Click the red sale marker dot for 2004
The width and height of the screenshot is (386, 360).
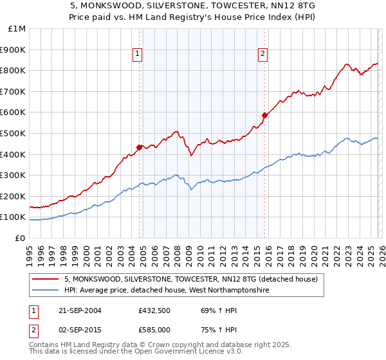pyautogui.click(x=140, y=147)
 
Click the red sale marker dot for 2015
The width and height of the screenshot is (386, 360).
pyautogui.click(x=264, y=115)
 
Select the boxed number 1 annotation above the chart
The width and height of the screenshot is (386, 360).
pyautogui.click(x=138, y=55)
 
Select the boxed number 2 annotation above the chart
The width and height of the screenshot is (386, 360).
pyautogui.click(x=263, y=55)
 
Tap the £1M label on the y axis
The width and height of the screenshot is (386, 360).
pyautogui.click(x=17, y=28)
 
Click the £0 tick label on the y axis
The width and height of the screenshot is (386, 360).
pyautogui.click(x=19, y=238)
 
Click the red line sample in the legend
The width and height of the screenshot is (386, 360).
pyautogui.click(x=46, y=280)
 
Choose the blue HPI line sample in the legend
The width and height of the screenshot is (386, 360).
pyautogui.click(x=46, y=291)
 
